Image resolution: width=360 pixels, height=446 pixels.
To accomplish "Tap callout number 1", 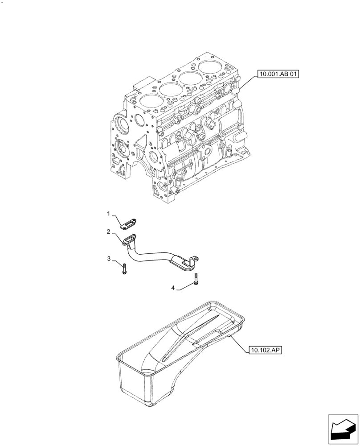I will pos(108,214).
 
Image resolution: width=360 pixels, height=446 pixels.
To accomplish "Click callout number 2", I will pos(108,231).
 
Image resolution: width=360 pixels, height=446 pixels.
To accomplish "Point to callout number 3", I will pos(108,258).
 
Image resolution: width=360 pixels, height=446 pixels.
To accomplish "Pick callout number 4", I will pos(173,289).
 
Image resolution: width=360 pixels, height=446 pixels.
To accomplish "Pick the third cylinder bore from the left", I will pos(190,78).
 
